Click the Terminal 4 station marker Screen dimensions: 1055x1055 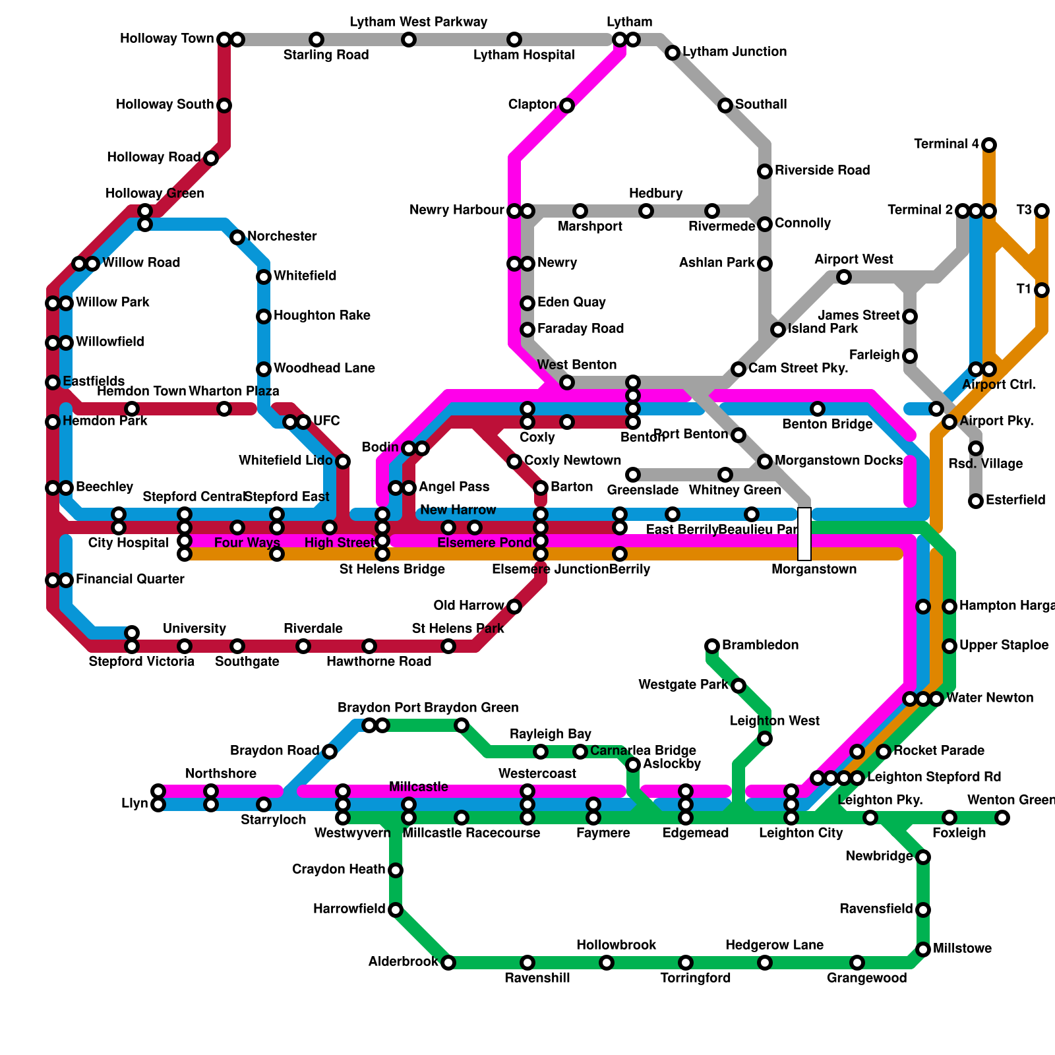[989, 145]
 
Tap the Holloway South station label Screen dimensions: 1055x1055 [165, 105]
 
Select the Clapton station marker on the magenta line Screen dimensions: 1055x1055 [567, 105]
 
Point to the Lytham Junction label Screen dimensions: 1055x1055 [735, 52]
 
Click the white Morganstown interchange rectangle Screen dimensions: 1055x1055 [804, 534]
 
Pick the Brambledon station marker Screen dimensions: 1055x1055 [712, 646]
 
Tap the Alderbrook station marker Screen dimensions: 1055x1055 [448, 963]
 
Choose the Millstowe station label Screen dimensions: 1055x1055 [963, 949]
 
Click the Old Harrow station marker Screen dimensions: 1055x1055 [514, 607]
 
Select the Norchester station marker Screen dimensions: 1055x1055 [237, 237]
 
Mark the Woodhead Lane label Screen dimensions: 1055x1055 [324, 369]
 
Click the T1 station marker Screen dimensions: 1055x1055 [1042, 290]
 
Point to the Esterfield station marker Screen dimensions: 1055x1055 [976, 501]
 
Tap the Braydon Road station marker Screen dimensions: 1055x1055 [330, 752]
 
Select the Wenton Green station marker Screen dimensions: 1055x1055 [1002, 818]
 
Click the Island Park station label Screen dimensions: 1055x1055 [824, 329]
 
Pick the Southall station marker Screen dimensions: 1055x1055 [725, 105]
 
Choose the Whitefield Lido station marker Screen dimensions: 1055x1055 [343, 462]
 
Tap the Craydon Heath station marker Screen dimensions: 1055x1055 [396, 870]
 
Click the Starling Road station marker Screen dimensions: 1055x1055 [316, 40]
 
